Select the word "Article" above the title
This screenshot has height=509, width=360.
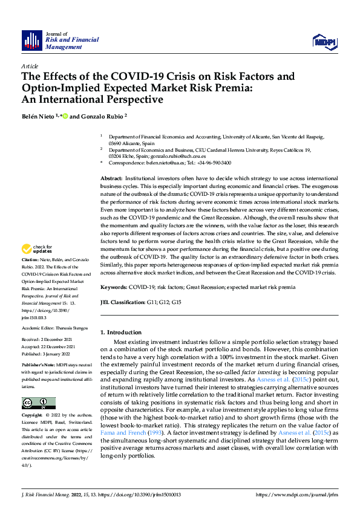[x=30, y=65]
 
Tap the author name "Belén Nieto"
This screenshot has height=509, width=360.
[x=38, y=116]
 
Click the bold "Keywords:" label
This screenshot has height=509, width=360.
[x=114, y=288]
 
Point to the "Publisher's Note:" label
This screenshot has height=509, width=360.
[x=39, y=366]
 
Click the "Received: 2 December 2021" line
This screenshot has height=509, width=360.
[x=49, y=340]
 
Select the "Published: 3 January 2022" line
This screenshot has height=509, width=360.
[x=48, y=354]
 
